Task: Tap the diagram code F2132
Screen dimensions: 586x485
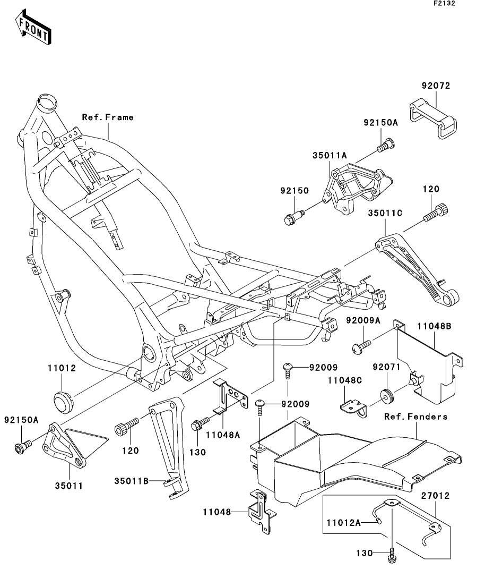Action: (x=444, y=3)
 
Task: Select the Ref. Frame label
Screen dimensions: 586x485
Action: (x=108, y=117)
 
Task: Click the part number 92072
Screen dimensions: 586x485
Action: (x=436, y=85)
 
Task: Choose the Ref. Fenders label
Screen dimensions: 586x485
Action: (x=415, y=416)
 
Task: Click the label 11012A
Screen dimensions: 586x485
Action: (x=343, y=523)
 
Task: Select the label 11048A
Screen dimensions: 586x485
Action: (x=223, y=434)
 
